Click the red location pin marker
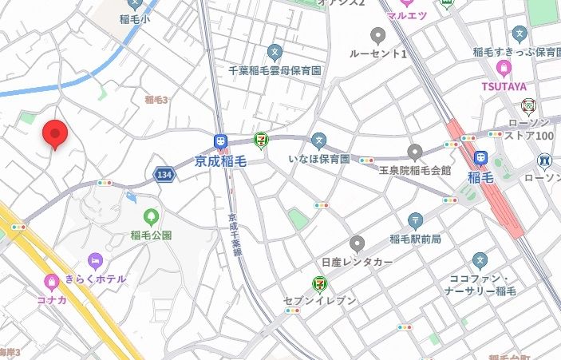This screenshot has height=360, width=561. coord(54,134)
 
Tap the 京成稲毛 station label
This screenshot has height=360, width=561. coord(221,160)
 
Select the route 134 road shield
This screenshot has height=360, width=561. coord(164,174)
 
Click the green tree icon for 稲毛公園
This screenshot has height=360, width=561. coord(151,216)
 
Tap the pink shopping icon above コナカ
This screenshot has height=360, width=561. coord(52,281)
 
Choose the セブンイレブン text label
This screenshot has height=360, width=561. coord(319,300)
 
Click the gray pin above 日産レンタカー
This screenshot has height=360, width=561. coord(358,243)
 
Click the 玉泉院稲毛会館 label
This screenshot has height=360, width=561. coord(414,170)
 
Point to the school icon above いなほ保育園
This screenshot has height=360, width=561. coord(319,140)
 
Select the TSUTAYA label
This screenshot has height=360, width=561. coord(503,86)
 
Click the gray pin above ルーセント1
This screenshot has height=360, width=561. coord(378,35)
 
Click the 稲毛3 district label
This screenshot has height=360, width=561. coord(156,100)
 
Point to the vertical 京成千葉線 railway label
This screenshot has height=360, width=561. coord(234,233)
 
